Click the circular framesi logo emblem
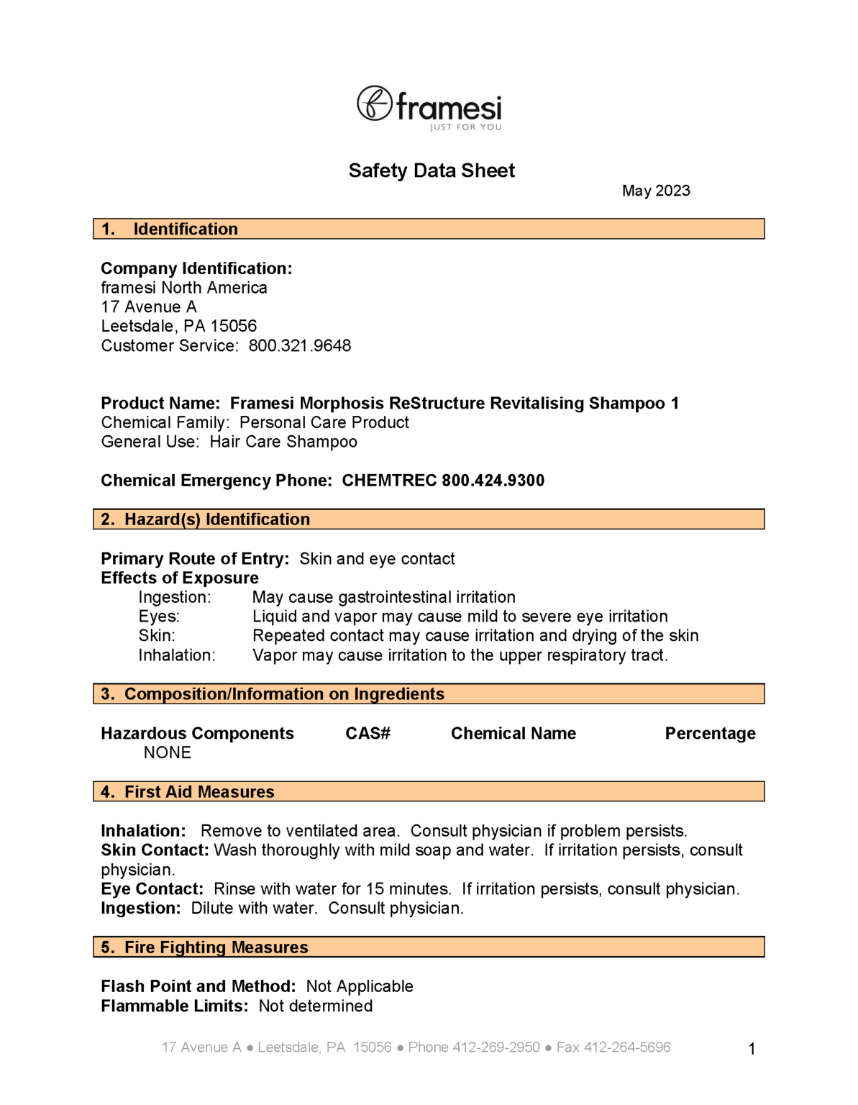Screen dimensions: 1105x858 click(x=375, y=104)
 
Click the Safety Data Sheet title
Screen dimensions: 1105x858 click(x=432, y=170)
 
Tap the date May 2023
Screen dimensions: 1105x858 click(x=655, y=191)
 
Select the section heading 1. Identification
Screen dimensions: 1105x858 click(x=170, y=229)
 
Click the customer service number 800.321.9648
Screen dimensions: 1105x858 click(x=300, y=346)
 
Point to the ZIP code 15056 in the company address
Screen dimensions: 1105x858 click(x=233, y=327)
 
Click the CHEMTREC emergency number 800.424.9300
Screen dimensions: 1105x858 click(x=493, y=481)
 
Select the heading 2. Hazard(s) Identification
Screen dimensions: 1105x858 click(x=206, y=519)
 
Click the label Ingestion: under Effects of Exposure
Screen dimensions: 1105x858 click(x=175, y=597)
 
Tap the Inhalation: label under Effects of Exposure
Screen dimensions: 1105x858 click(x=177, y=655)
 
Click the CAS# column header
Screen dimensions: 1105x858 click(x=368, y=734)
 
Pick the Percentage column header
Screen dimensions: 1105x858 click(x=710, y=734)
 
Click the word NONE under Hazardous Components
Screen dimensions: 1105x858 click(x=168, y=753)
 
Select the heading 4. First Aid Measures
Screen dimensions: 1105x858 click(x=188, y=792)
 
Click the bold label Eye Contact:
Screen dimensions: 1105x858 click(x=152, y=889)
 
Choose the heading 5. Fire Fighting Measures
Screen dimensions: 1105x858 click(x=204, y=947)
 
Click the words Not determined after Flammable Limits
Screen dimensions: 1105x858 click(x=316, y=1006)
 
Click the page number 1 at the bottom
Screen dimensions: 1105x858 click(x=752, y=1049)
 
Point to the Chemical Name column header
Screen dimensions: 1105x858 click(x=513, y=734)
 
